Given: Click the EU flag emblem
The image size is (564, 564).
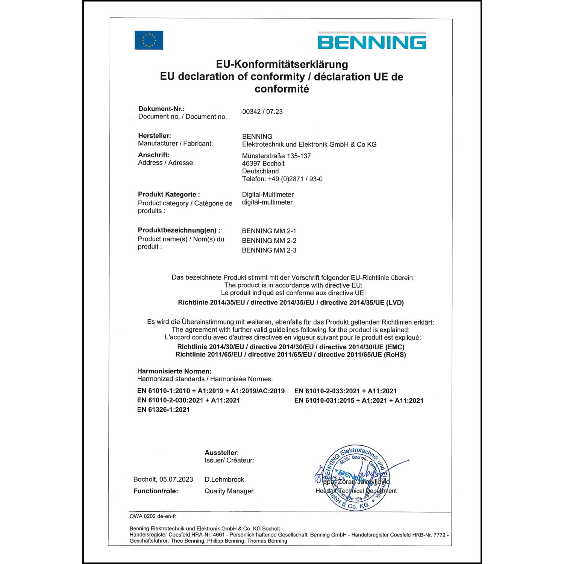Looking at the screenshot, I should click(149, 40).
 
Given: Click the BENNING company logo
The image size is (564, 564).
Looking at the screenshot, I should click(372, 42).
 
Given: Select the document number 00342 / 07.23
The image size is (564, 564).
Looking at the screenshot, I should click(262, 112).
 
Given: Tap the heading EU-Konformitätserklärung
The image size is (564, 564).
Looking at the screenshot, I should click(282, 64).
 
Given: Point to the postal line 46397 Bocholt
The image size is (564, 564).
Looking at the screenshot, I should click(263, 164).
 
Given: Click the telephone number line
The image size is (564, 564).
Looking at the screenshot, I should click(282, 179).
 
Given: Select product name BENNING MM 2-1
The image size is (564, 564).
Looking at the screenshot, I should click(269, 231).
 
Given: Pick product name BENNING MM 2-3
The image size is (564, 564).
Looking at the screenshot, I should click(269, 250).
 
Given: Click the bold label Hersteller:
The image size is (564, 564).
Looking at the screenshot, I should click(154, 136).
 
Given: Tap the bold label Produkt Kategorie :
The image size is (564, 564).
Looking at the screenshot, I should click(169, 194).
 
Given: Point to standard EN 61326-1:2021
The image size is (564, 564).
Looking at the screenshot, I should click(163, 410).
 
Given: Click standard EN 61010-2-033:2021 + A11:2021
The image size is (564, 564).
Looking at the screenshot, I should click(345, 391).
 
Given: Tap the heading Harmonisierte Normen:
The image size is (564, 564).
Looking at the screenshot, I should click(174, 371).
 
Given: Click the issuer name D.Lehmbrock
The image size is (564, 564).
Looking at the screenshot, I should click(224, 479).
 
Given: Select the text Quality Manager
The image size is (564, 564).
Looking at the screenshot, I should click(229, 491).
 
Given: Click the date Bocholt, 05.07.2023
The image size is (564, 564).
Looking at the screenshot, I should click(163, 479).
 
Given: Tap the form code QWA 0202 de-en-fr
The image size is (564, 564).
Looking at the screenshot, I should click(153, 516).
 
